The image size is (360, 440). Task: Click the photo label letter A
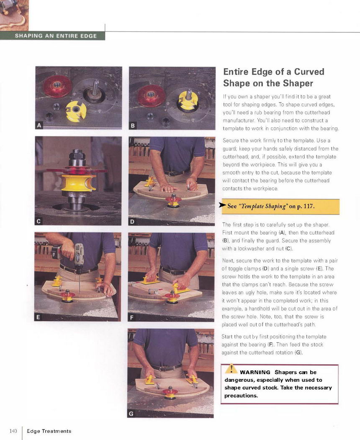click(x=39, y=125)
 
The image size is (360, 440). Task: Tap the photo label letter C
click(x=39, y=221)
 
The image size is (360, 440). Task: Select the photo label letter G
click(x=131, y=414)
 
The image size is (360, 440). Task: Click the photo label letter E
click(x=38, y=317)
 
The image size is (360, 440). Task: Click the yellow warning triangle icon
click(x=231, y=368)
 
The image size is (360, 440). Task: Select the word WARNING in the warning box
click(x=255, y=373)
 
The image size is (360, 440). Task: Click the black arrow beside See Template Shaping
click(x=222, y=205)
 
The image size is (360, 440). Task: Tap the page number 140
click(x=13, y=431)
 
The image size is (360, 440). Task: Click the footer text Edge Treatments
click(x=49, y=431)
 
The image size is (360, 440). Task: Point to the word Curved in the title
click(x=309, y=72)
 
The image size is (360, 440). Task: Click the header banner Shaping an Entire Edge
click(x=56, y=36)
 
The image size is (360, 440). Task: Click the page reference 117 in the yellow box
click(x=308, y=206)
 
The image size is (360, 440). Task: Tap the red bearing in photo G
click(x=170, y=391)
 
